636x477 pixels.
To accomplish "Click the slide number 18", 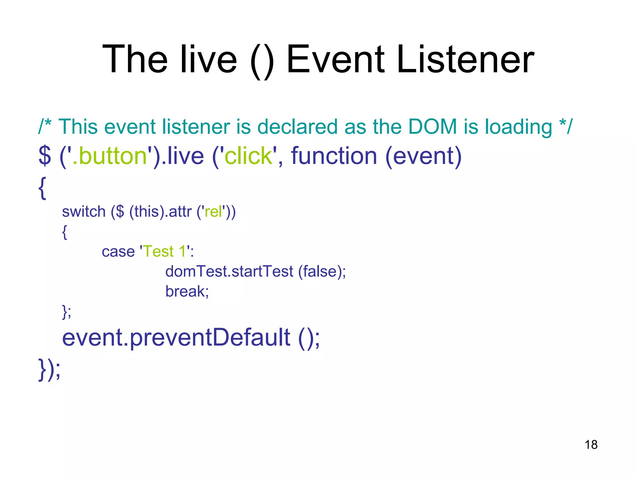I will click(591, 445).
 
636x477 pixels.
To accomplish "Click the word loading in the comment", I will click(518, 127).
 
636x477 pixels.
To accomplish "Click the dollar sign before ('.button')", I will click(44, 156).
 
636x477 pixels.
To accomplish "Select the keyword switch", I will click(84, 211).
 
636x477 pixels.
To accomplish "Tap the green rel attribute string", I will click(213, 211).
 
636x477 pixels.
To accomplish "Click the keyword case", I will click(118, 252).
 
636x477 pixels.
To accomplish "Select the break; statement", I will click(187, 291).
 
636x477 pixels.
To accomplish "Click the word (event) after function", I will click(423, 156).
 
